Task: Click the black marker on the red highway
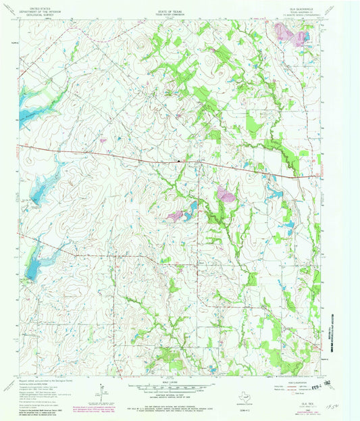(x=178, y=161)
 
